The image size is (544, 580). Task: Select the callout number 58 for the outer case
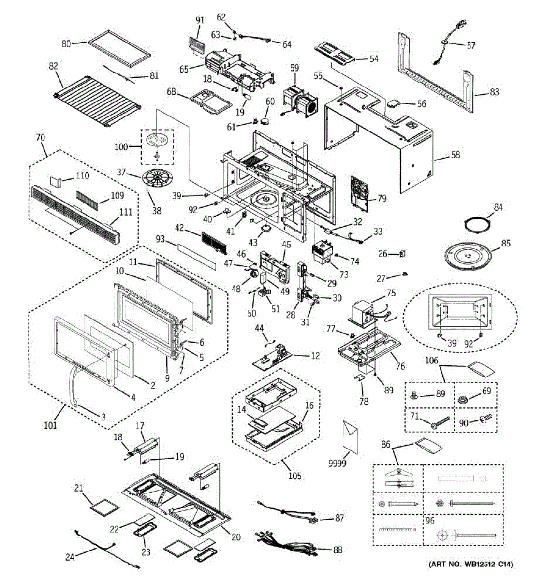(455, 155)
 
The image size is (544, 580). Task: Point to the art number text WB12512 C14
(470, 564)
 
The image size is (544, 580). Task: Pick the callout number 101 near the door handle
(51, 425)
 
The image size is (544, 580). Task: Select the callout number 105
(294, 476)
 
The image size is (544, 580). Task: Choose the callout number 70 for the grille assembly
(40, 138)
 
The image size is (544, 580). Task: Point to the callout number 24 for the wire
(70, 557)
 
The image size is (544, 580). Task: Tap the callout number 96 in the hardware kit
(430, 522)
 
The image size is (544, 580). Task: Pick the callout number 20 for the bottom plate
(236, 537)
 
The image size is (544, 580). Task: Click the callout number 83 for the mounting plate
(494, 92)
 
